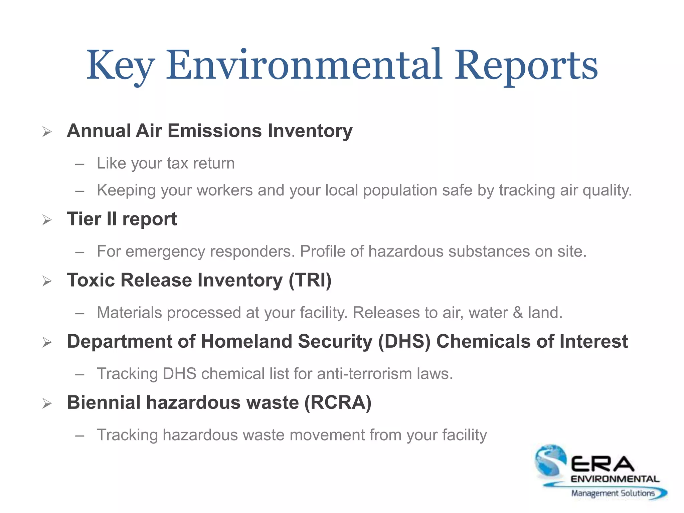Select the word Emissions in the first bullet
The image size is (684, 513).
pyautogui.click(x=214, y=131)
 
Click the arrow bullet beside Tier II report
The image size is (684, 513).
pyautogui.click(x=47, y=220)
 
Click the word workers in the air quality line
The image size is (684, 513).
pyautogui.click(x=225, y=190)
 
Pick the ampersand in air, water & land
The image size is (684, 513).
pyautogui.click(x=518, y=313)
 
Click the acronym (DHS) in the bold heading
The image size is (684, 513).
pyautogui.click(x=404, y=341)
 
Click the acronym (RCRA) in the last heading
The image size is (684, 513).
pyautogui.click(x=338, y=402)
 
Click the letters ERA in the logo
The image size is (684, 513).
pyautogui.click(x=603, y=464)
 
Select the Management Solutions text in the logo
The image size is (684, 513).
pyautogui.click(x=613, y=493)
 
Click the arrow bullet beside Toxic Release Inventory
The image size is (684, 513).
pyautogui.click(x=47, y=281)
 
